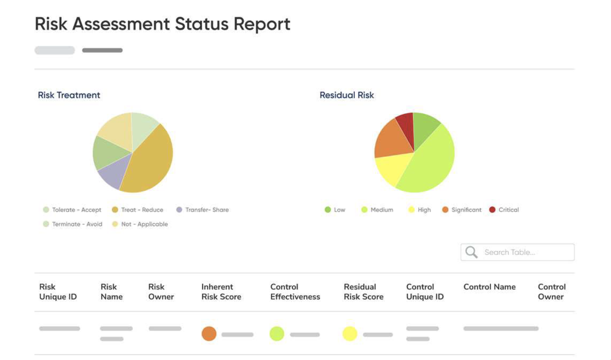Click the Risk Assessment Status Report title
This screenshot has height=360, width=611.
[162, 24]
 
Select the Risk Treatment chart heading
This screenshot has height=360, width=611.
[69, 95]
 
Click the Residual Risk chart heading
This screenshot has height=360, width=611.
[346, 95]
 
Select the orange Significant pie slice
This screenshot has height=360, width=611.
[391, 139]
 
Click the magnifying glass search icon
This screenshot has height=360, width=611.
[471, 252]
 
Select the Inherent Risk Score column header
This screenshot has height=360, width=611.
[221, 292]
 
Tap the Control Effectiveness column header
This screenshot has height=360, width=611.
[295, 292]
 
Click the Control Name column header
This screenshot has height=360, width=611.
[489, 287]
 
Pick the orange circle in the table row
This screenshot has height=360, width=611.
[209, 334]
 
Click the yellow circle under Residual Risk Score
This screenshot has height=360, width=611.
[350, 334]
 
